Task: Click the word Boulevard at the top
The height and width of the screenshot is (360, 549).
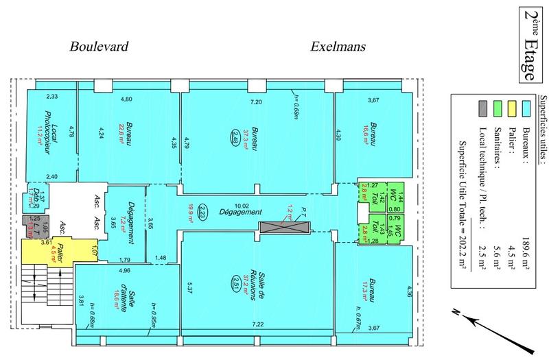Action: (100, 47)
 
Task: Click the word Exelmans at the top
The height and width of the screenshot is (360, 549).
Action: (338, 47)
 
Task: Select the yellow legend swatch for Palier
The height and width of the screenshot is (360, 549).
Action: (512, 108)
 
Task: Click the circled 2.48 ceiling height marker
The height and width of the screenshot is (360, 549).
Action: (235, 135)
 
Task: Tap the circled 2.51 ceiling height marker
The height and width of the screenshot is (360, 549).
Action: (235, 282)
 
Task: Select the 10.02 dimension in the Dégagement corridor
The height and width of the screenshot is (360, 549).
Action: (242, 204)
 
